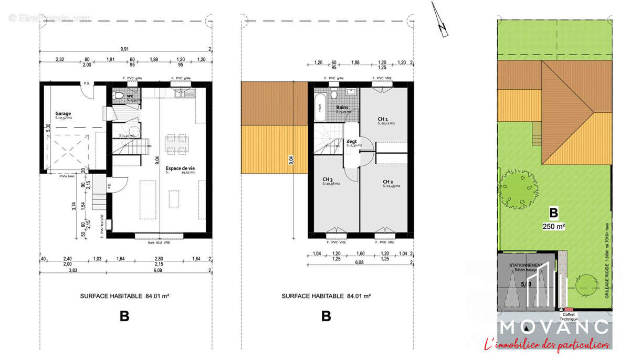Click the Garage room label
pos(63,113)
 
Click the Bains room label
pos(342,108)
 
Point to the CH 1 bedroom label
pos(383,119)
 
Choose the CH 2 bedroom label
pos(388,182)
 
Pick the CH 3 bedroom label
pos(329,179)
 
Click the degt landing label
pos(352,141)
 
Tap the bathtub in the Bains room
pos(319,108)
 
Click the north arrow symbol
pos(440,21)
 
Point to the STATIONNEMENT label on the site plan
pos(527,266)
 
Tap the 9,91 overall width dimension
pos(124,49)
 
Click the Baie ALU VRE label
pos(160,241)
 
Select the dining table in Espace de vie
pos(176,142)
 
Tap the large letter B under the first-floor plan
pos(326,316)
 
